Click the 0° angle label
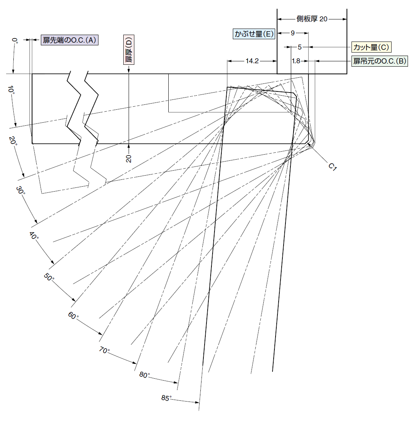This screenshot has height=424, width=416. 15,41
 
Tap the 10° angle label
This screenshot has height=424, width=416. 11,90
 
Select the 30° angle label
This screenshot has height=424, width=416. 21,190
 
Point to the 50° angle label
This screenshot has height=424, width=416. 49,277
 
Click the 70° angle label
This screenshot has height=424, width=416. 104,350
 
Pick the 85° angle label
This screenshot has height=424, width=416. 166,398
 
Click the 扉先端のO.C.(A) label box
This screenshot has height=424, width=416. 69,40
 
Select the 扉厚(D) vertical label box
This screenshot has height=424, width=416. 129,50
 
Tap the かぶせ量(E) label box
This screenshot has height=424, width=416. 254,34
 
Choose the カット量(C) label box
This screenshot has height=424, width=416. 371,47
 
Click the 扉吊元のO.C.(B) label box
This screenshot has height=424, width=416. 380,61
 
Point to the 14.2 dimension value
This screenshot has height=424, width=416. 252,61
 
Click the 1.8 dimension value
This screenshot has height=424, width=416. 296,61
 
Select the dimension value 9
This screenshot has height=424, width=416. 292,33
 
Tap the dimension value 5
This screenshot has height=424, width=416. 300,47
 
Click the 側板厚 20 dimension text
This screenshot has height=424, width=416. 312,19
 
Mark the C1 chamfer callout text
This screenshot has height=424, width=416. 332,166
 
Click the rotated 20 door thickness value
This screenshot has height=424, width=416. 129,158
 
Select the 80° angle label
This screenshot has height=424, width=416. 144,375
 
